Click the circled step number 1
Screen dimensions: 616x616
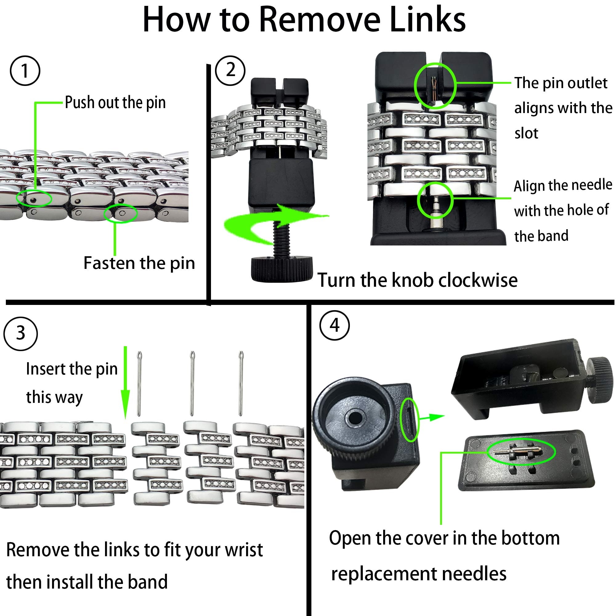pyautogui.click(x=25, y=71)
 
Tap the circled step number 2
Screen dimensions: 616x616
pyautogui.click(x=230, y=70)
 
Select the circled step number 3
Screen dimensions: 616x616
pyautogui.click(x=21, y=334)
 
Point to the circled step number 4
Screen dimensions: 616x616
pyautogui.click(x=334, y=326)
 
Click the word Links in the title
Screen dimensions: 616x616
pyautogui.click(x=427, y=20)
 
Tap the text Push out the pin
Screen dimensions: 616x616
pyautogui.click(x=115, y=103)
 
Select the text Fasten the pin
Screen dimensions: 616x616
pyautogui.click(x=139, y=263)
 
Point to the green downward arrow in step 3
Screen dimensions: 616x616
pyautogui.click(x=125, y=383)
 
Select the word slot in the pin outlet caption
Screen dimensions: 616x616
pyautogui.click(x=526, y=133)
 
